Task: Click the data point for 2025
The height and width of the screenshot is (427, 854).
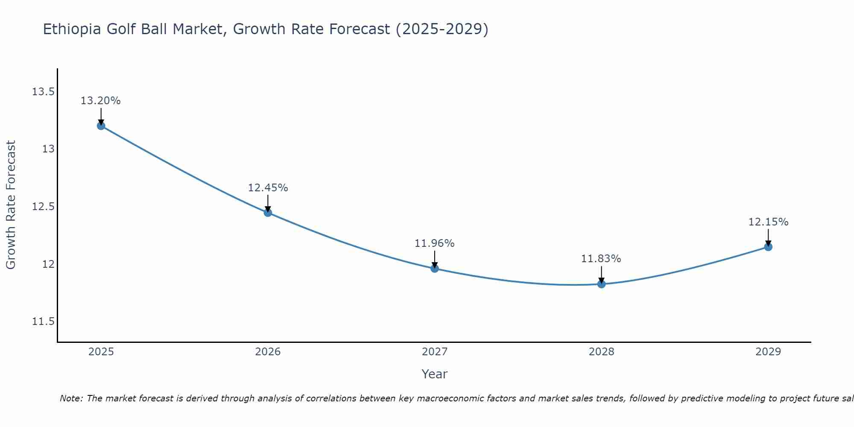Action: pos(101,126)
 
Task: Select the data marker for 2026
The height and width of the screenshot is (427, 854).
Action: pos(268,212)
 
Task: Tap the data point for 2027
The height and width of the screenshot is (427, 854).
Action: pos(435,269)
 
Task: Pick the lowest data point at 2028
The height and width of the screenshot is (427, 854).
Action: pos(601,284)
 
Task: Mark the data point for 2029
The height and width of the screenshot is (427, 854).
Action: pos(768,247)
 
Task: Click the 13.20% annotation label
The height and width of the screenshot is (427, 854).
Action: pos(101,101)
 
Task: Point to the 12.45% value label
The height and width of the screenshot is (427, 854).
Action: pos(268,187)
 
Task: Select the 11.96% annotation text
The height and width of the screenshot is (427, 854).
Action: pos(434,243)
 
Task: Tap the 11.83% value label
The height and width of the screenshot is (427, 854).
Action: pos(601,259)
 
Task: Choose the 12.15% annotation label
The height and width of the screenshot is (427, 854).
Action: pos(768,222)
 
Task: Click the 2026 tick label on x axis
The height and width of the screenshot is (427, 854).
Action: pos(268,352)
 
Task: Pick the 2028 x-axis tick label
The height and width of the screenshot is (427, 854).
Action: pos(601,352)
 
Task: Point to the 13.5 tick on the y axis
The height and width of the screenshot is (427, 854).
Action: pos(43,92)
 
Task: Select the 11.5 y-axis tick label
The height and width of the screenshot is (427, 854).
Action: pos(43,322)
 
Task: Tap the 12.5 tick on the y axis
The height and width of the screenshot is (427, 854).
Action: pos(43,207)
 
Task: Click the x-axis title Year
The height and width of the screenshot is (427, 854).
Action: pos(434,374)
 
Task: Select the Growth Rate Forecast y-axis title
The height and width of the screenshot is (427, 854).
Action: pos(11,205)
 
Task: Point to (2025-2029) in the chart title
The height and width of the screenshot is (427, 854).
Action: pos(442,29)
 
